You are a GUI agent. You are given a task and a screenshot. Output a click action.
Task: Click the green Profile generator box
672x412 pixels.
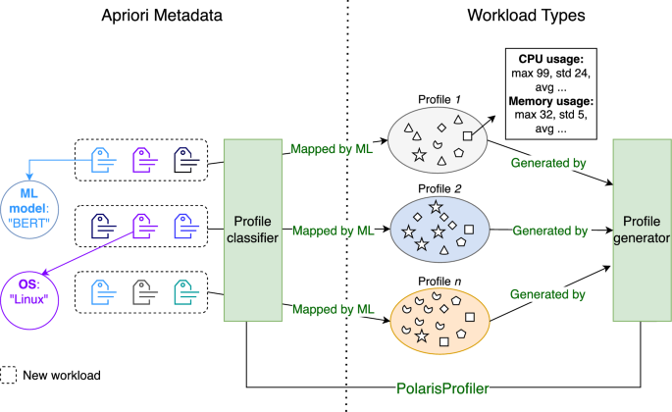(x=643, y=230)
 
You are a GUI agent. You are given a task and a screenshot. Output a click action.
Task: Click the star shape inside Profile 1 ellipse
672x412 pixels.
(x=419, y=155)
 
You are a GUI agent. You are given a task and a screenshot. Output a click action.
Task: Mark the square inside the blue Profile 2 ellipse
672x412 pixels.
(x=469, y=229)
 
